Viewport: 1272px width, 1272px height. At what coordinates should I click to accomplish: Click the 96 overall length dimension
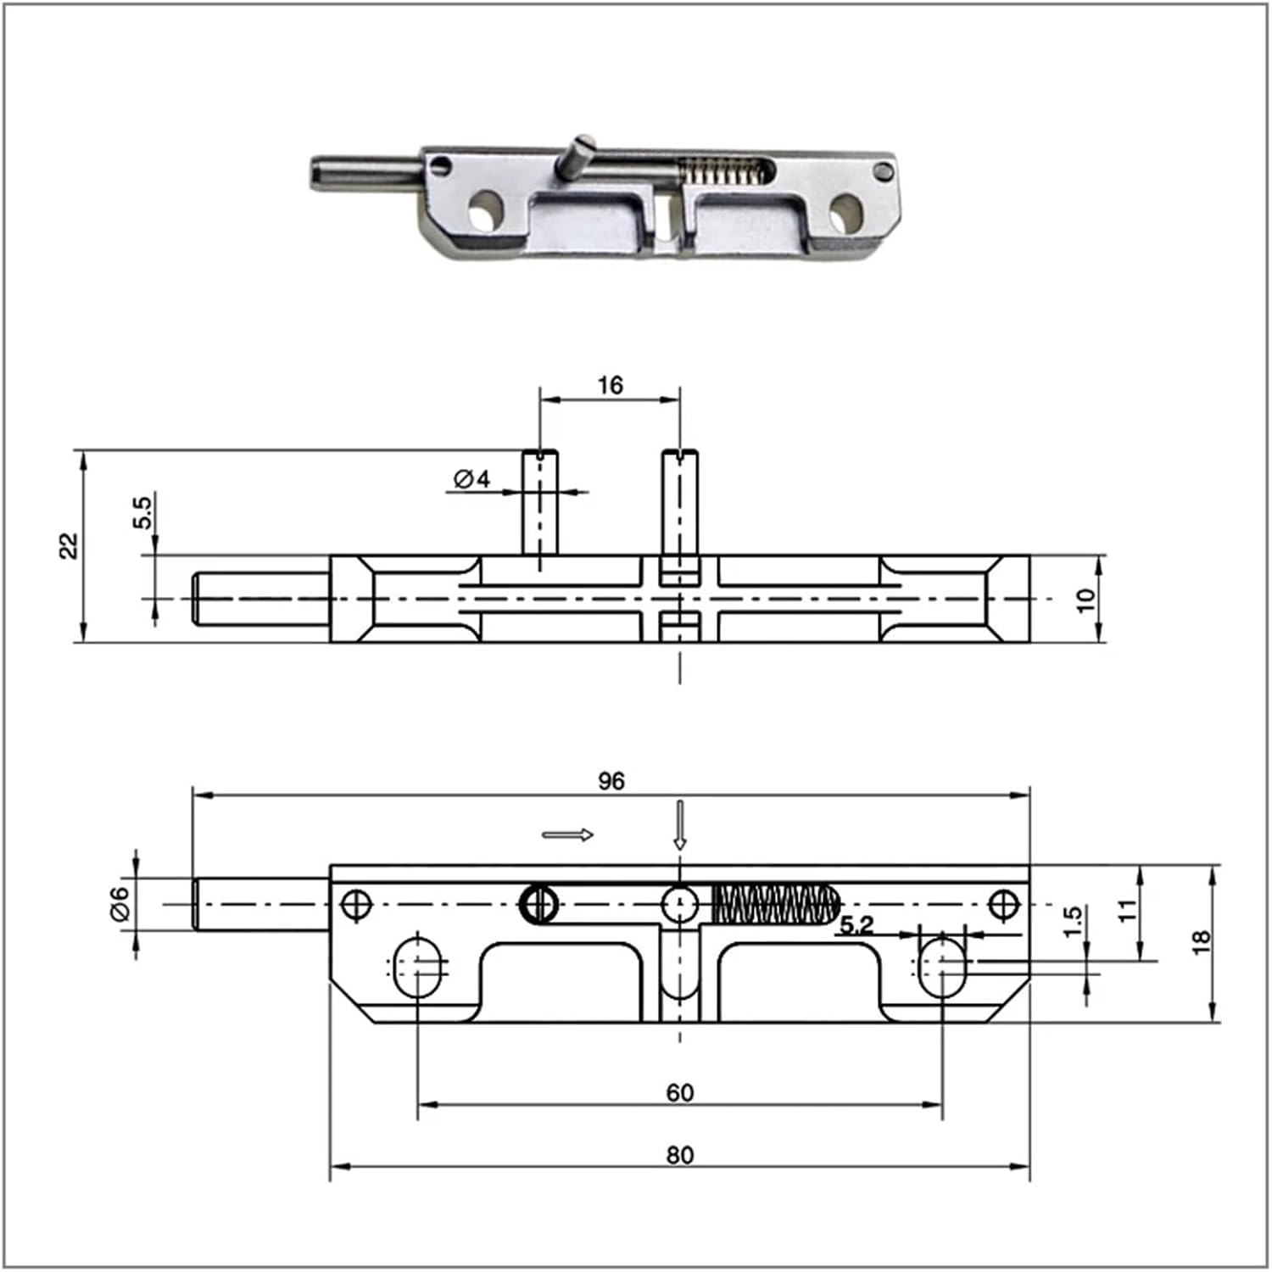611,781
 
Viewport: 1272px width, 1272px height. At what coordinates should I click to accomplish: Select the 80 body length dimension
679,1155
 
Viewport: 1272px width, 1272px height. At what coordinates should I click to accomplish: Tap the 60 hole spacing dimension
679,1092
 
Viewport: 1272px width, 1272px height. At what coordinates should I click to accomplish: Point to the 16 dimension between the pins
610,386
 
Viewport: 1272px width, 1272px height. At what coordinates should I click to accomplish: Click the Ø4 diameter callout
472,479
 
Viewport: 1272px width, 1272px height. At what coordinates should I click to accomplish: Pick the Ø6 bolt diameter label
120,903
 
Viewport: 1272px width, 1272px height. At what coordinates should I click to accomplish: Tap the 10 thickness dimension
1085,600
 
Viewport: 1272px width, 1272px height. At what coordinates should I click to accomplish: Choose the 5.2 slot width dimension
856,924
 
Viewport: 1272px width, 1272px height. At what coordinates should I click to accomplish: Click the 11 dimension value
1126,911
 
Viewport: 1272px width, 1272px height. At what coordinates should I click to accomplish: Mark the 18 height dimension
1201,941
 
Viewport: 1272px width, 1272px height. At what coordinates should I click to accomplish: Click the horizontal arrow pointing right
568,835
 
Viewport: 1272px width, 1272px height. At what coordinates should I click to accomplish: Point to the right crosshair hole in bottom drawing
1005,904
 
